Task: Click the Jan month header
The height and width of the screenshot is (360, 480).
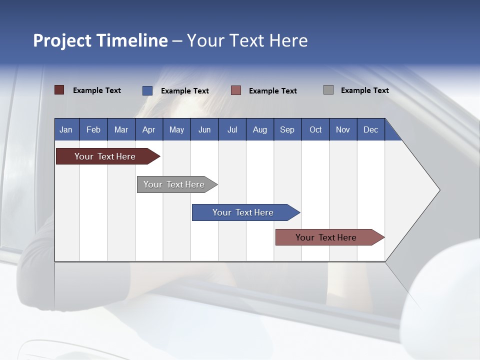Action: (x=66, y=129)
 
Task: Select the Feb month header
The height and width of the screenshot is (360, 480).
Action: (x=93, y=129)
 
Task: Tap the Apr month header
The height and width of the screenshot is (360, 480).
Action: (x=148, y=129)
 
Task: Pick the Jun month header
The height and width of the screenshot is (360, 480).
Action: (x=204, y=129)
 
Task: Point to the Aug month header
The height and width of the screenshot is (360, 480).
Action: (x=259, y=129)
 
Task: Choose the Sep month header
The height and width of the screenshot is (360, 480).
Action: (x=287, y=129)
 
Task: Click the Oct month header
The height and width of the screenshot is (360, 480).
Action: (x=315, y=129)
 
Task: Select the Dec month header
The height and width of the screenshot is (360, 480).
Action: (x=370, y=129)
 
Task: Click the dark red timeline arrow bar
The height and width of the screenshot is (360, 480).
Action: (x=105, y=156)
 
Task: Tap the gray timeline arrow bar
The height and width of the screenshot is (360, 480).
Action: (x=174, y=184)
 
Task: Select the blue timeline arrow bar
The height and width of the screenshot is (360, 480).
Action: (x=243, y=212)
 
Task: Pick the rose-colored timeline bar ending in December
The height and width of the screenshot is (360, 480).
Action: (x=326, y=237)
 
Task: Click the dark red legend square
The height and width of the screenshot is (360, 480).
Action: (x=59, y=90)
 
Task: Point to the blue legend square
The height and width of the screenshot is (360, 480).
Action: (x=147, y=90)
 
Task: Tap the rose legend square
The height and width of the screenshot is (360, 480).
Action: (x=236, y=90)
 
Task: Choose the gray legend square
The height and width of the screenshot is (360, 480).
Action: (x=328, y=90)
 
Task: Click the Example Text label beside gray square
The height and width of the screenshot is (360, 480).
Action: (x=364, y=90)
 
